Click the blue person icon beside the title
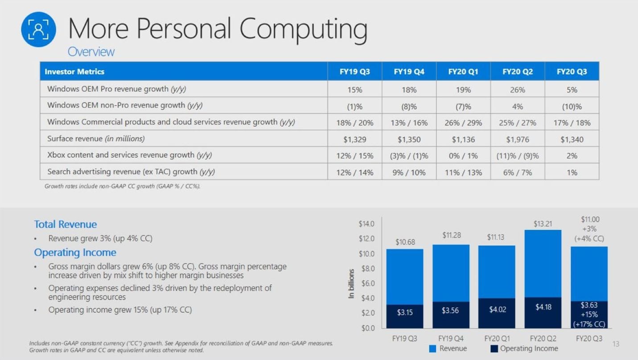tap(39, 29)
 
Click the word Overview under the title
tap(91, 52)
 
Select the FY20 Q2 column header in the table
tap(517, 71)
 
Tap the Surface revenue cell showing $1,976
tap(517, 139)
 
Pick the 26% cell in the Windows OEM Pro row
tap(517, 90)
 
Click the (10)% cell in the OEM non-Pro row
tap(572, 107)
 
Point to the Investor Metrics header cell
tap(74, 71)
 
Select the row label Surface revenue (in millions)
tap(96, 139)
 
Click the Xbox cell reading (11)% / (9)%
tap(517, 156)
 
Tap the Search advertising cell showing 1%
tap(572, 172)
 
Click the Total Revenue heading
tap(65, 224)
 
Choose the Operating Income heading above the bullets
tap(75, 252)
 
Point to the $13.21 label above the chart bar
tap(542, 223)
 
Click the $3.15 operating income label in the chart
tap(405, 312)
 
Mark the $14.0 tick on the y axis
tap(366, 223)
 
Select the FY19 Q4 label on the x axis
tap(451, 339)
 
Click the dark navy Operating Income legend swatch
tap(494, 349)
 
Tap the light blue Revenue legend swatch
tap(432, 349)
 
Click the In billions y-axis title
tap(351, 284)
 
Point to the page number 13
tap(616, 344)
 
